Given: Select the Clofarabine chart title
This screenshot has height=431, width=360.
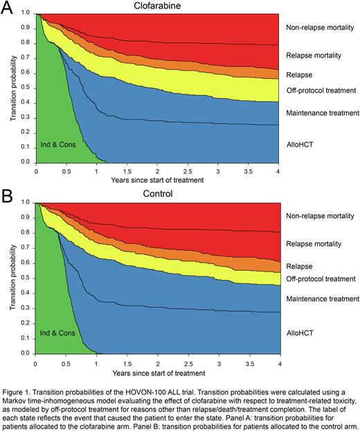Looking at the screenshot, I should click(157, 6).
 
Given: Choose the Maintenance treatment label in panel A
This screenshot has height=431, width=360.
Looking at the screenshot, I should click(322, 112).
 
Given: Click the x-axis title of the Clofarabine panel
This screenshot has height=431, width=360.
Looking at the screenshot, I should click(157, 180).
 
